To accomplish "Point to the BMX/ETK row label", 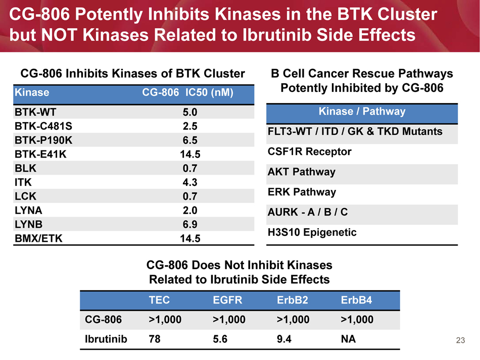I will point(39,238).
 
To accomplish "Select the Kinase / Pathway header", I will point(362,112).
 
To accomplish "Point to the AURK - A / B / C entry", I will point(309,212).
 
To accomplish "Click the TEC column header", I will point(159,300).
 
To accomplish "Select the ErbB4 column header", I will point(357,300).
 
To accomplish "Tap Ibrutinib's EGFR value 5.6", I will point(221,339).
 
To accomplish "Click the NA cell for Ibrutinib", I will point(349,339).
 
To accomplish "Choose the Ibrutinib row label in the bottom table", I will point(105,339).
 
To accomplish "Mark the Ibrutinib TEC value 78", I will point(155,339).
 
